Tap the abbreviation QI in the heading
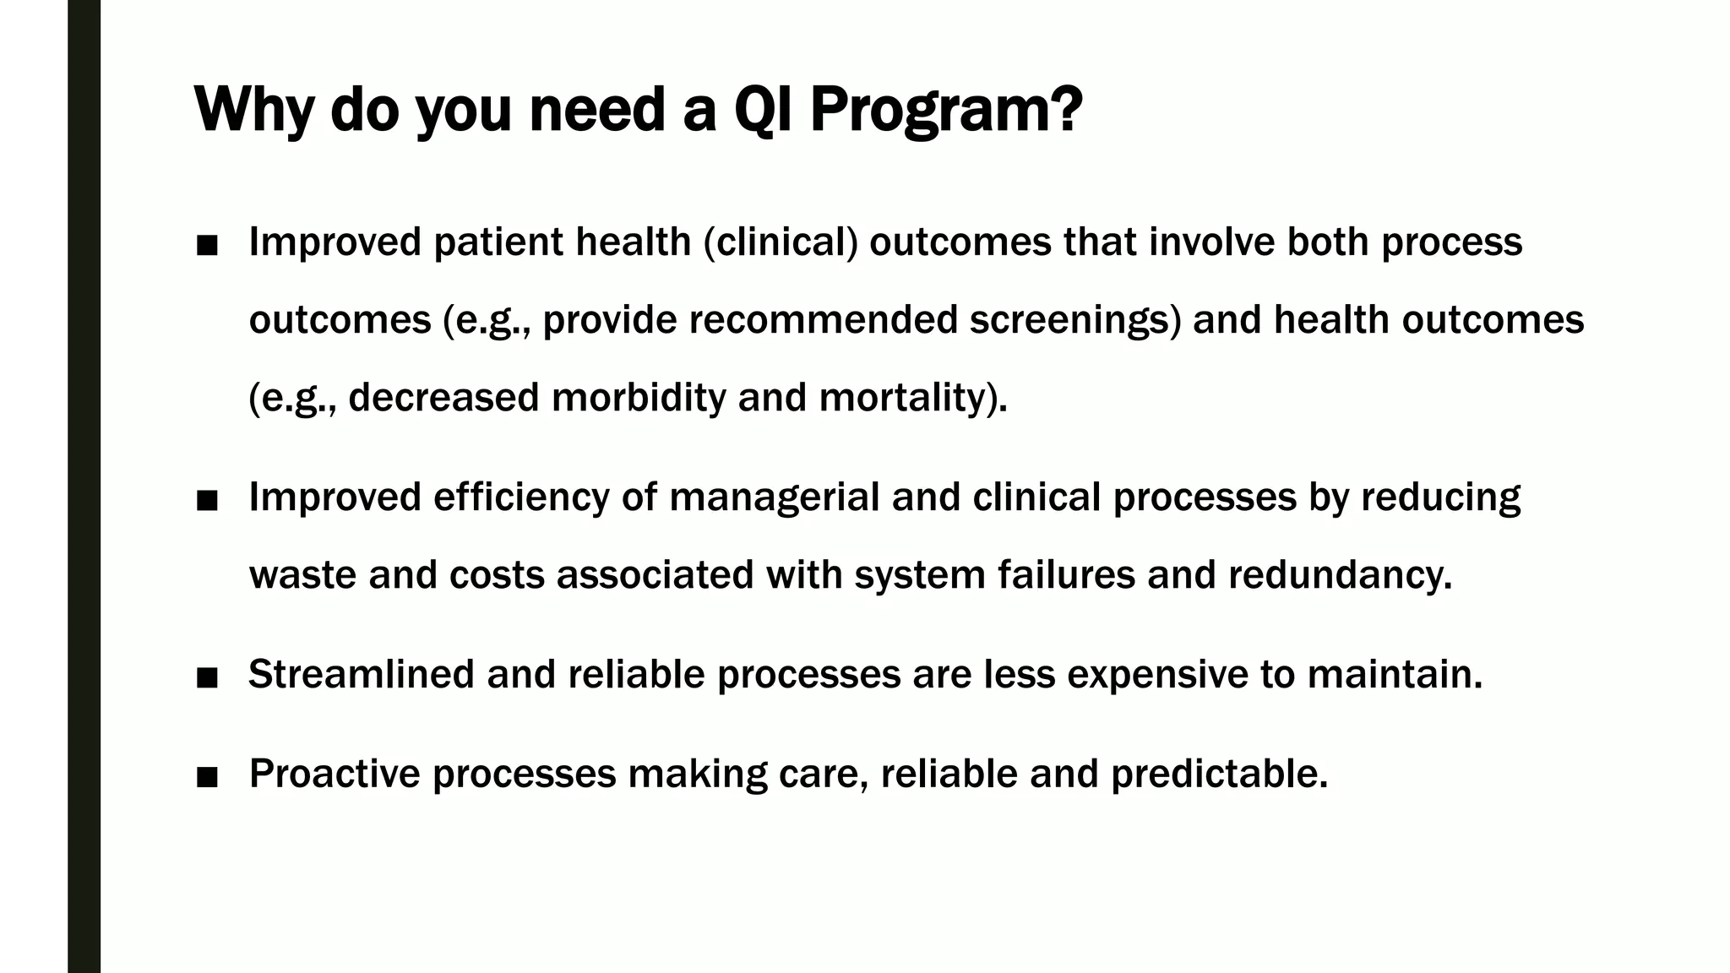[764, 110]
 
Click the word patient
[498, 242]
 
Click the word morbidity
[639, 398]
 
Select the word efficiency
[521, 497]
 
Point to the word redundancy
[1340, 575]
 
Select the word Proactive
[335, 774]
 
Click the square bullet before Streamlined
[207, 677]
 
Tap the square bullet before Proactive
[207, 776]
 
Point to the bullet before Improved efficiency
[207, 500]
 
